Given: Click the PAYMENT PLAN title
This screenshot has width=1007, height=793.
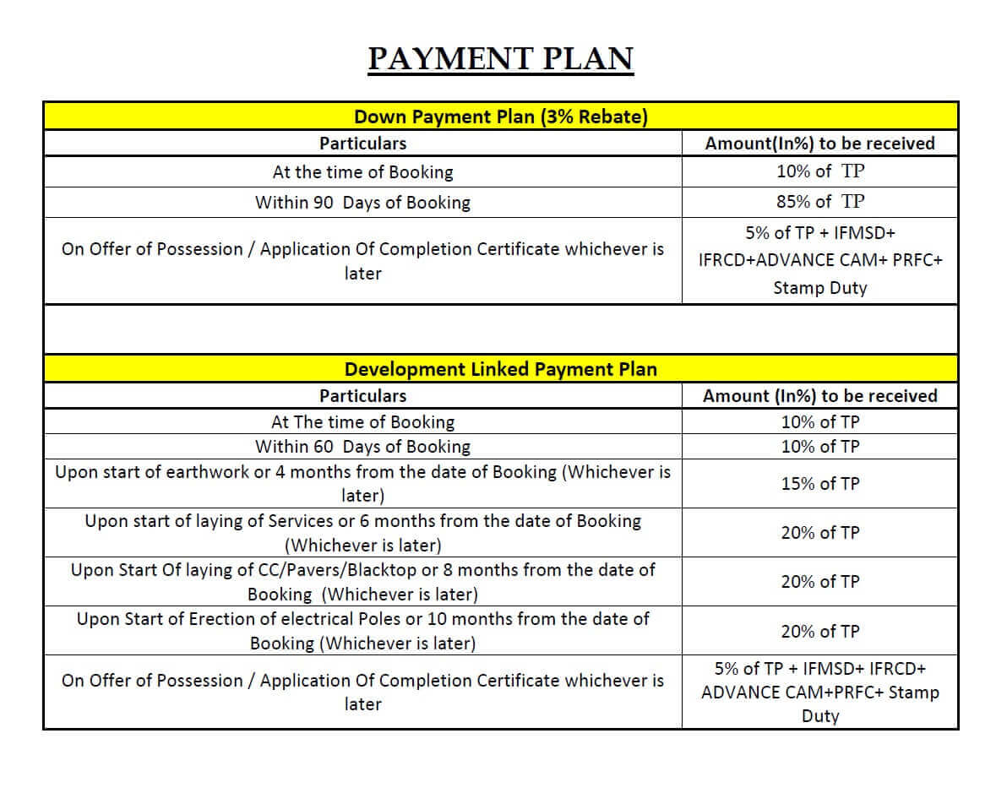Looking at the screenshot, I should click(501, 59).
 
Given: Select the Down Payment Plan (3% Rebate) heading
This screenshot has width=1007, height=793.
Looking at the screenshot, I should click(501, 117).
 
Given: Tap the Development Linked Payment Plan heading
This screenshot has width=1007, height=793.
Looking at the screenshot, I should click(501, 369).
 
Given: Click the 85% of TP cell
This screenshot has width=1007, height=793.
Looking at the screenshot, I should click(820, 201).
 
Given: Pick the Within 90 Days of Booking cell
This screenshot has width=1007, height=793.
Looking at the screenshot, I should click(362, 203).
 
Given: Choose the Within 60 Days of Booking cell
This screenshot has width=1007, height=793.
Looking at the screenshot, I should click(362, 446).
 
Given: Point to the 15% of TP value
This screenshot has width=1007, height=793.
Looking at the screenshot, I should click(820, 484).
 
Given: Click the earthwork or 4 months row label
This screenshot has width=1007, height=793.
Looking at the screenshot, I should click(362, 483).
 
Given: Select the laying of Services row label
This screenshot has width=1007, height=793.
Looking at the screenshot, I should click(362, 532).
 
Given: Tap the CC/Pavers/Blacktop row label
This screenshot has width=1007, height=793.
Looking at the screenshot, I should click(362, 581).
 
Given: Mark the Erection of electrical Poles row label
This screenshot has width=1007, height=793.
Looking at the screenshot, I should click(362, 630).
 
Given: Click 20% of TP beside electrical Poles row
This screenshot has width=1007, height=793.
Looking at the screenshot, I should click(820, 631).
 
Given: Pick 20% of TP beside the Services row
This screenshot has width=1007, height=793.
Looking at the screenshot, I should click(820, 533).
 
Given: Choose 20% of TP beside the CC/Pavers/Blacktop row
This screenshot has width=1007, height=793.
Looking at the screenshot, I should click(820, 582).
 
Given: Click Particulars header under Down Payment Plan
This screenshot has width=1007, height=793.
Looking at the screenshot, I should click(362, 144).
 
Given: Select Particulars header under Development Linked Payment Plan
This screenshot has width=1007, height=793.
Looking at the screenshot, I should click(362, 395).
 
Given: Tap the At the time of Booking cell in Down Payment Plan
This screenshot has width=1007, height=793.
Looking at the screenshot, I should click(362, 172).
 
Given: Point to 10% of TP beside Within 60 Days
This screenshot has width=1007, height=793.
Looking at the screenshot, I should click(820, 446).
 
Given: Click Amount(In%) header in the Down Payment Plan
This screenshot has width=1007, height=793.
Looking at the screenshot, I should click(820, 144).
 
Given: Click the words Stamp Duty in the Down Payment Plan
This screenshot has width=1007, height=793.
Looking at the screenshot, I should click(820, 288).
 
